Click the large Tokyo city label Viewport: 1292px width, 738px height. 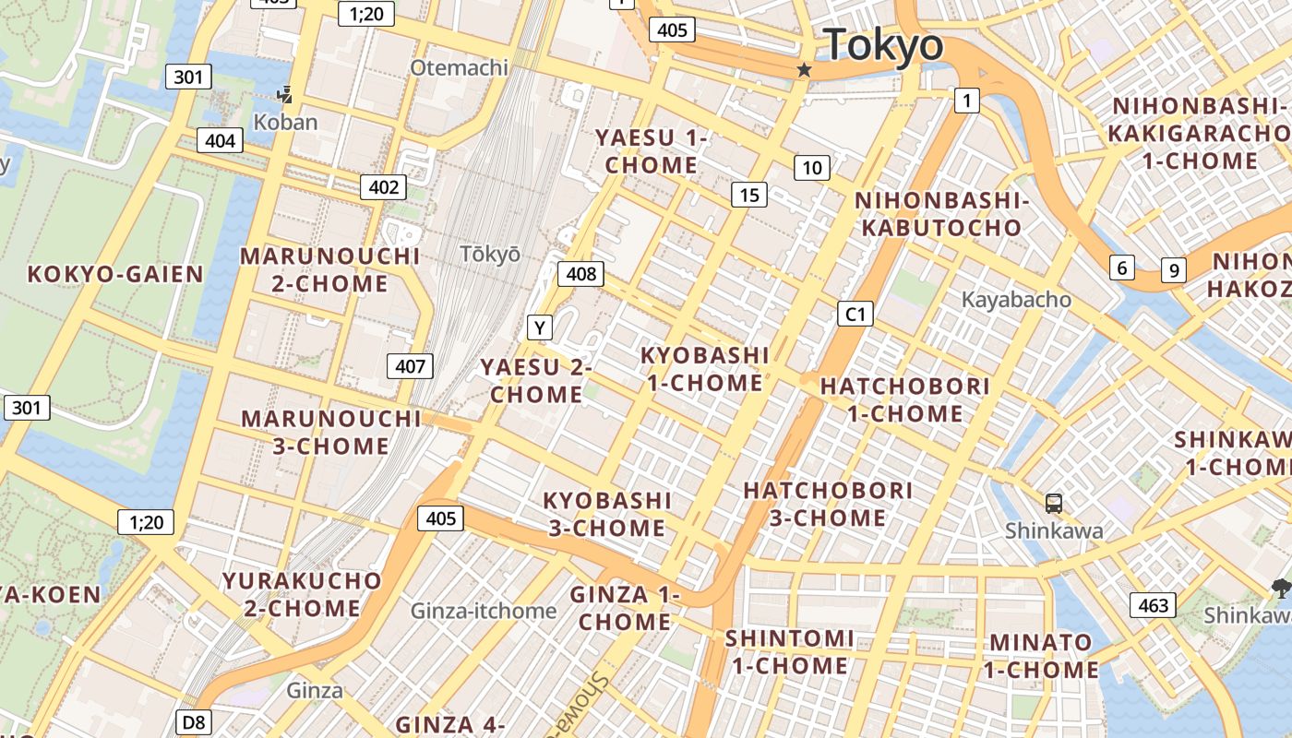click(883, 45)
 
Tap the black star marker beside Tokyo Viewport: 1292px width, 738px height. click(805, 70)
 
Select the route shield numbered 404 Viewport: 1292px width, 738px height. click(220, 141)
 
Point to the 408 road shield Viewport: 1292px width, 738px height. click(580, 273)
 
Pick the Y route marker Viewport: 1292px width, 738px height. click(540, 327)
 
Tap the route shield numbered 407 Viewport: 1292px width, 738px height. click(410, 366)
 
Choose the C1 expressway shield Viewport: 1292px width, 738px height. click(855, 315)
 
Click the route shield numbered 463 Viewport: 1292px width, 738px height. click(1153, 605)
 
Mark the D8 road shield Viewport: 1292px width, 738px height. click(193, 721)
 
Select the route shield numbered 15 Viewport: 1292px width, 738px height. click(749, 195)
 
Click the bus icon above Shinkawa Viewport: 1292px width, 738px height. click(1053, 504)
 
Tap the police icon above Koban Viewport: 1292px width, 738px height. click(284, 94)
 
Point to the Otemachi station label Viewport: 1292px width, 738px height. click(459, 67)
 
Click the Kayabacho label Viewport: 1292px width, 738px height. click(1016, 300)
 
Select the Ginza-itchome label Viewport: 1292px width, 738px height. click(483, 611)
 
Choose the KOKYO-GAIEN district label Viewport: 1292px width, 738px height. click(114, 274)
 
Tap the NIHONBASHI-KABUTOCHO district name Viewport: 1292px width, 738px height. click(940, 214)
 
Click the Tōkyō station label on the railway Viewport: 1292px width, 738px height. click(490, 255)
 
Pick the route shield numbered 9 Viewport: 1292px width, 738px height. click(1173, 269)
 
